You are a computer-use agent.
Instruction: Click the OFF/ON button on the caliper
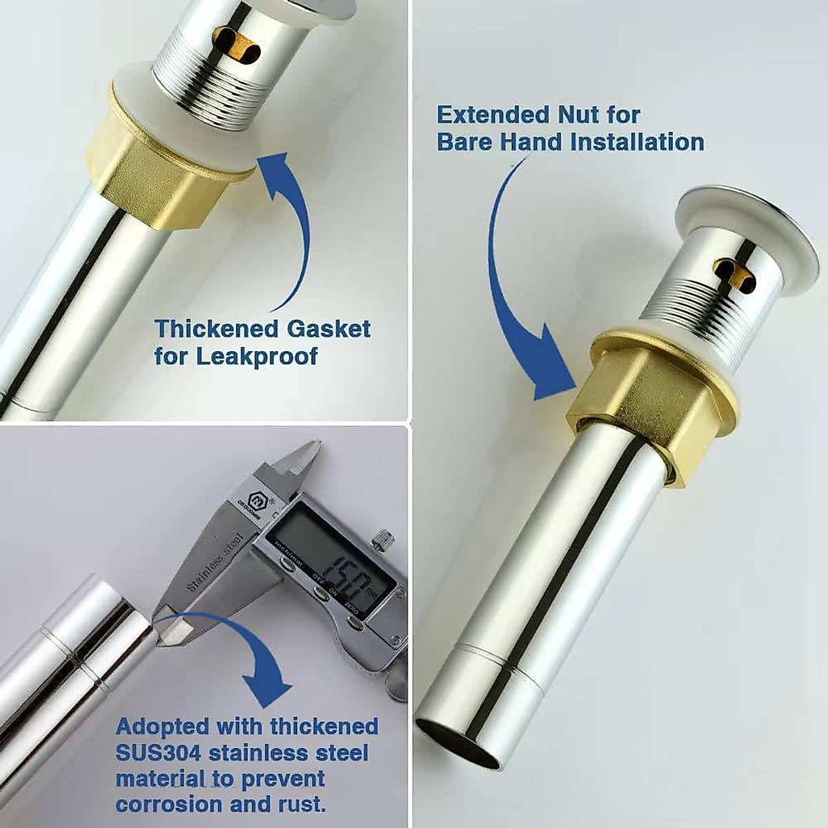pos(319,594)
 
